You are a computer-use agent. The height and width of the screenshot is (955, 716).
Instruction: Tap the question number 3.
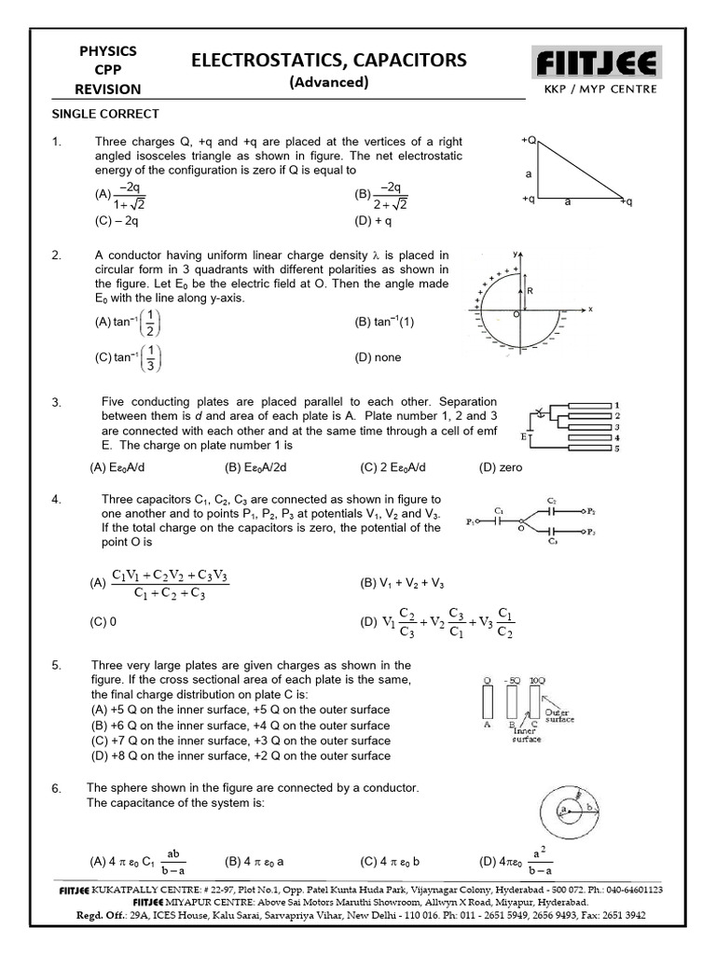tap(57, 403)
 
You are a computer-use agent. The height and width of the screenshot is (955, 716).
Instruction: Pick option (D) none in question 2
tap(380, 356)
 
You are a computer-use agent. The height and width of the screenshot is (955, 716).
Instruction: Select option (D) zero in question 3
tap(501, 467)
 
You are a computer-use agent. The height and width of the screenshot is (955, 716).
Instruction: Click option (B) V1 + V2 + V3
tap(403, 583)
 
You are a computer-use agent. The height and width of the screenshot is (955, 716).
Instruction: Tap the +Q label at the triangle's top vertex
tap(529, 140)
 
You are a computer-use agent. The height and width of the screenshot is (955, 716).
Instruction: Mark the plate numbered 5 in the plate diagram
tap(613, 449)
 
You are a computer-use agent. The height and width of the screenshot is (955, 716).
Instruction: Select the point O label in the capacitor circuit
tap(521, 529)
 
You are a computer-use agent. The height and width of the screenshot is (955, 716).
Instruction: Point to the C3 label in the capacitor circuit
tap(554, 541)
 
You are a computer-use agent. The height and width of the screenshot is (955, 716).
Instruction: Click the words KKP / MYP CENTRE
tap(599, 90)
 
